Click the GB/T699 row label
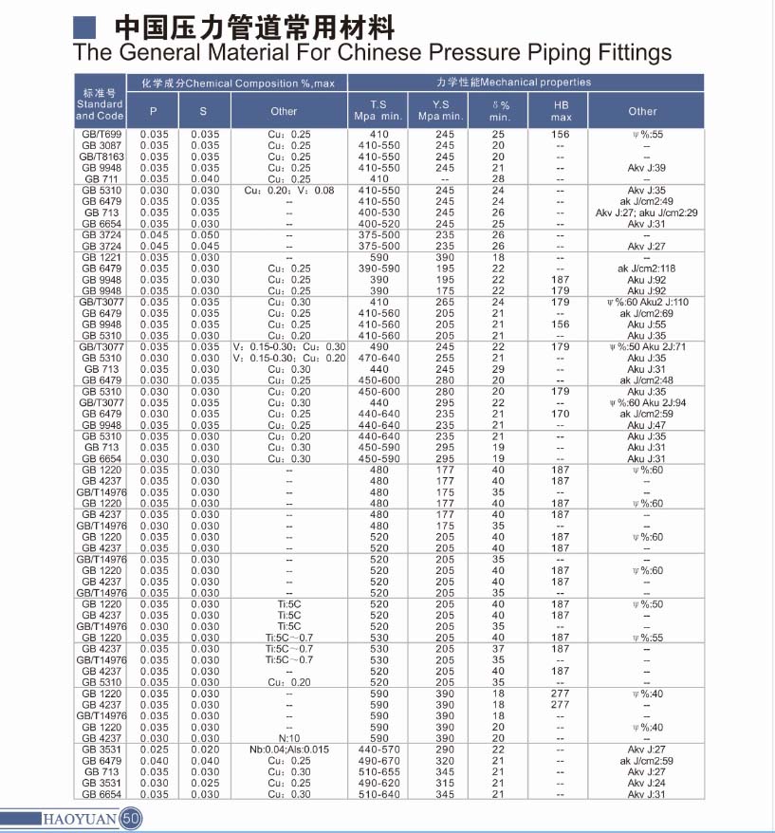(100, 135)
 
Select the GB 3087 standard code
(100, 145)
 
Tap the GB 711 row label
(100, 178)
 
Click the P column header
(154, 111)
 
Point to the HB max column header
(561, 111)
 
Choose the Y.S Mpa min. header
(440, 111)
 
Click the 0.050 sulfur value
(205, 234)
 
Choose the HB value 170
(561, 414)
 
